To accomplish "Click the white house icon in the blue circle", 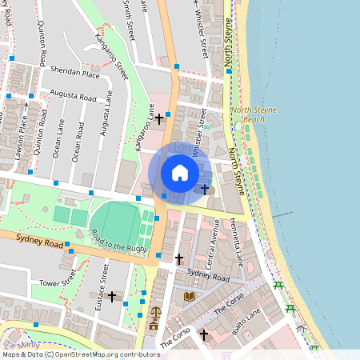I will click(180, 173).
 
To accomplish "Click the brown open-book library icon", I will click(190, 297).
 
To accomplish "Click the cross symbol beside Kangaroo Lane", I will click(159, 119).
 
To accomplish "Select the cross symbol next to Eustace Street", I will click(112, 297).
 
